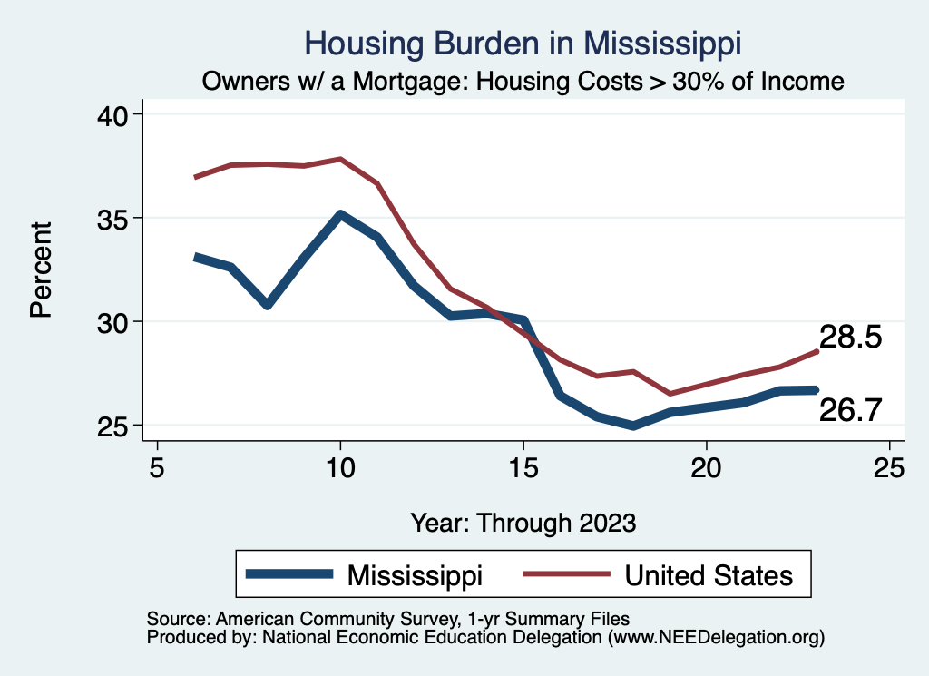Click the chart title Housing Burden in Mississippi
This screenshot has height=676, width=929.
click(523, 44)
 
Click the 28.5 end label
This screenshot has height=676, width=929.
click(851, 338)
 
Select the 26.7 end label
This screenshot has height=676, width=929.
click(851, 410)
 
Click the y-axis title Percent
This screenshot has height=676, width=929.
click(41, 269)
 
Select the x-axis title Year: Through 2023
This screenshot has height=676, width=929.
click(523, 523)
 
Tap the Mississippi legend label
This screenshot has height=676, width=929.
click(415, 575)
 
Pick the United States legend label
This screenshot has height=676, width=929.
click(708, 575)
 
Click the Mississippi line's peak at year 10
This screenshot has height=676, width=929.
click(340, 215)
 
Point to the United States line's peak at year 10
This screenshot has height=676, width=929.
click(340, 159)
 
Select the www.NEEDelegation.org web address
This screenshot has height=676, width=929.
click(716, 637)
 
